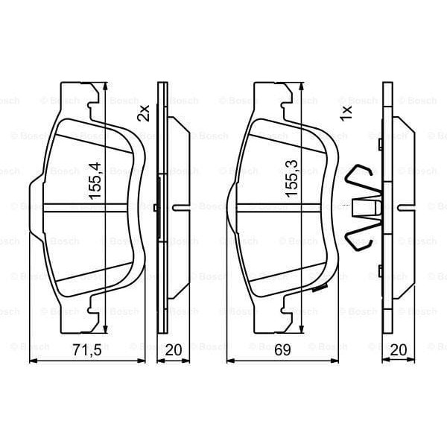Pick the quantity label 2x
point(144,112)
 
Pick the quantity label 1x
point(345,112)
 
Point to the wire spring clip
point(363,206)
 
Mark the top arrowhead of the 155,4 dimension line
point(104,83)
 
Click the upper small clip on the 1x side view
point(380,143)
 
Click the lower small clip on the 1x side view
point(380,270)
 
